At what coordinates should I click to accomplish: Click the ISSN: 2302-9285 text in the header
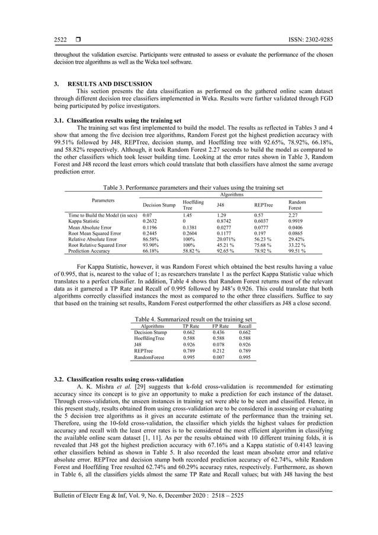point(307,40)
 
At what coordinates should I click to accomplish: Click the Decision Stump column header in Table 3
point(159,205)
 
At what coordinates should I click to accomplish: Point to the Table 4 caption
point(194,319)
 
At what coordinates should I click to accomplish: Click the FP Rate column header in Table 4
point(220,326)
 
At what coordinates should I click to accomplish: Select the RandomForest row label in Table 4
point(151,358)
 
